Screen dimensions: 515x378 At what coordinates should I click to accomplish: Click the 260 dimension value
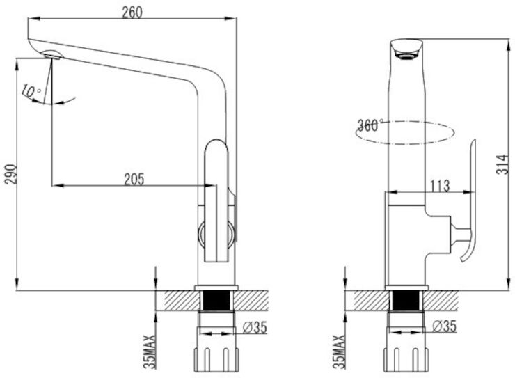click(132, 13)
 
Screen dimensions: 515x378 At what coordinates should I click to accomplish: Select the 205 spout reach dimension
click(134, 180)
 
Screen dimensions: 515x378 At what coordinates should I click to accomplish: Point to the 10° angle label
click(31, 91)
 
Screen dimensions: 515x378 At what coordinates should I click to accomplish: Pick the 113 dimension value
click(440, 186)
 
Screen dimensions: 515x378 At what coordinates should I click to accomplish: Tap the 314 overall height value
click(502, 164)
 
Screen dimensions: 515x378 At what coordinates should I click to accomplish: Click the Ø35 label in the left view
click(255, 327)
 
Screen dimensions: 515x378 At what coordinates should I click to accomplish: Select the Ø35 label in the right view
click(445, 326)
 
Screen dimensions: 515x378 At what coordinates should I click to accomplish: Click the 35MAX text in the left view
click(150, 352)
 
